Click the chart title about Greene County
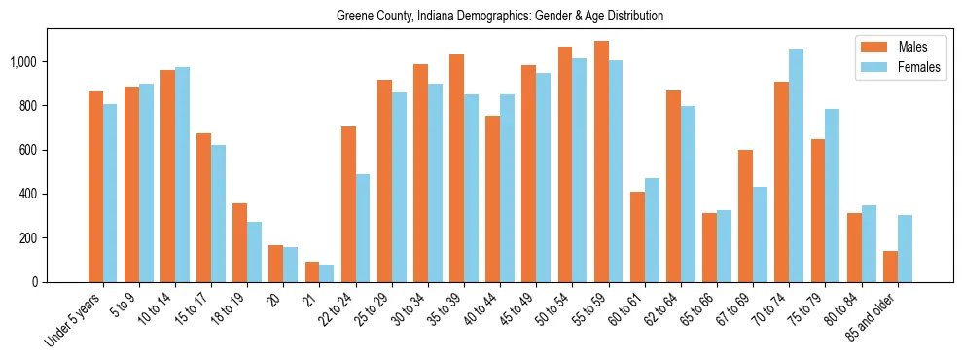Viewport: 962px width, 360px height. [x=500, y=17]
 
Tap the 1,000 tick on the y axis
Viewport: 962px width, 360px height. [x=24, y=62]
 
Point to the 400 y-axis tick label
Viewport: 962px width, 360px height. [x=29, y=195]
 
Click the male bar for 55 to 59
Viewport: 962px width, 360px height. [x=601, y=162]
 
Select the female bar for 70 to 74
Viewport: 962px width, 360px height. [x=797, y=165]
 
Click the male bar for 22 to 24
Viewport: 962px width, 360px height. [x=348, y=204]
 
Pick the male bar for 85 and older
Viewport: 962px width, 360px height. [x=890, y=267]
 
